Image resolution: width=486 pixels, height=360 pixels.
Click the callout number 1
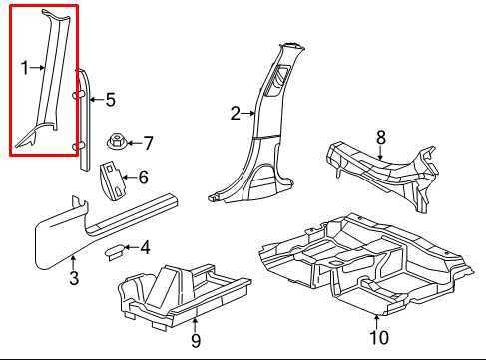point(25,68)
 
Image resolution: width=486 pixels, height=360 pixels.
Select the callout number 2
point(236,114)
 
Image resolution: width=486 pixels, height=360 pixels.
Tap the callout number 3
point(74,278)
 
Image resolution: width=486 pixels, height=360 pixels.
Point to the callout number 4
point(145,248)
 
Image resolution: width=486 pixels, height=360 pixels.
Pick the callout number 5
point(111,100)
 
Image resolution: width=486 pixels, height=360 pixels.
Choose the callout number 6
point(143,177)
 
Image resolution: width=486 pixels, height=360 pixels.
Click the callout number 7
point(148,143)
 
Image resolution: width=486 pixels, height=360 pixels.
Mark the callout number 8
point(381,137)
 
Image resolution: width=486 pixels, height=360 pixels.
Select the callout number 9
point(196,341)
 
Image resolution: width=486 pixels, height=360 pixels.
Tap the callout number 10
point(379,338)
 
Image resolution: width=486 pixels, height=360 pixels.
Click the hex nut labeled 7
point(116,142)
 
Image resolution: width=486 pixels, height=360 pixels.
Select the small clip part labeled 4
point(114,252)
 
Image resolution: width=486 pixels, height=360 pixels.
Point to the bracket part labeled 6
point(112,180)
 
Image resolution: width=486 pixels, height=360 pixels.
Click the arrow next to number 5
point(97,99)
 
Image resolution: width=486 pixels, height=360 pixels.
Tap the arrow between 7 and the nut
point(134,143)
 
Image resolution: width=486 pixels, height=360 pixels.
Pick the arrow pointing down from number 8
point(381,153)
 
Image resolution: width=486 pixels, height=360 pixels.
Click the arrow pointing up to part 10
point(377,322)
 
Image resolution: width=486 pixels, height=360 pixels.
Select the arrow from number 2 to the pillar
point(248,114)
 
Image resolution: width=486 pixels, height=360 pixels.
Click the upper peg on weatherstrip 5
point(77,96)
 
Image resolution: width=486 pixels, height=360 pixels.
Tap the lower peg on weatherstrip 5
point(77,145)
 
